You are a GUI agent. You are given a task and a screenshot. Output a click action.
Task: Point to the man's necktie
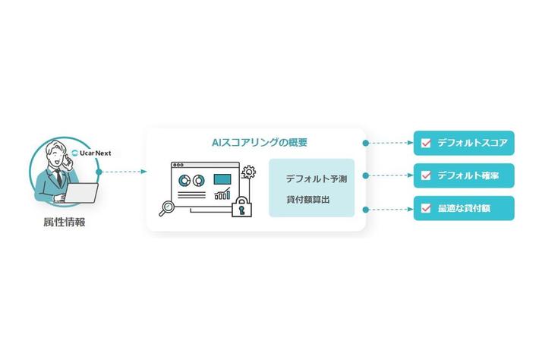click(x=58, y=179)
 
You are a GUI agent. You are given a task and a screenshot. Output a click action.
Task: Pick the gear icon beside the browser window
click(x=247, y=174)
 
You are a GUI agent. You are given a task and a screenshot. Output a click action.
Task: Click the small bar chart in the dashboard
click(x=222, y=194)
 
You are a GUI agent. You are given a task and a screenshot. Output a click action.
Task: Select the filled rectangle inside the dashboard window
click(x=222, y=180)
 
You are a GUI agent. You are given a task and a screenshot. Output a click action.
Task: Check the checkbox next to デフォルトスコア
click(x=426, y=142)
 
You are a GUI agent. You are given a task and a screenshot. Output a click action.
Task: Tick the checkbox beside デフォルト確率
click(x=426, y=175)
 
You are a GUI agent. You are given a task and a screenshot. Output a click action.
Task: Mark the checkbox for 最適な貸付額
click(x=426, y=208)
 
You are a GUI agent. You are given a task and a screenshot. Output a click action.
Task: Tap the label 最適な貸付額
click(x=465, y=208)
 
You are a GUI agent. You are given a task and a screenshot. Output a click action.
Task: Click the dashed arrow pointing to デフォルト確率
click(x=389, y=175)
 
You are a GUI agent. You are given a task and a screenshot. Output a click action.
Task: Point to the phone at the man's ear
click(x=67, y=159)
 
